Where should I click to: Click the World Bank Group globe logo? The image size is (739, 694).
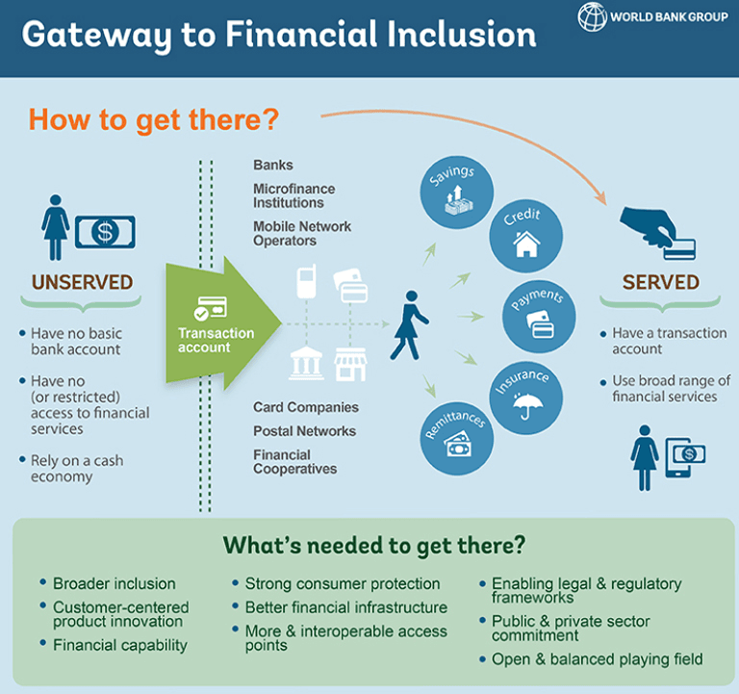pyautogui.click(x=593, y=16)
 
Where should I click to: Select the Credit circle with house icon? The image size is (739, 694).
pyautogui.click(x=525, y=236)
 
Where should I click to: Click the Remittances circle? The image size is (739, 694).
pyautogui.click(x=454, y=436)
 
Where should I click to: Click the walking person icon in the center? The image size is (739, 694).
pyautogui.click(x=408, y=323)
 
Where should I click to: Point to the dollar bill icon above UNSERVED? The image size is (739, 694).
pyautogui.click(x=105, y=231)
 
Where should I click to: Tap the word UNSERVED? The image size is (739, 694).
pyautogui.click(x=83, y=282)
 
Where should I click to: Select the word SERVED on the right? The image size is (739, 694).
pyautogui.click(x=660, y=282)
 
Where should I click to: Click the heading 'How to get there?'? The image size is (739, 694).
pyautogui.click(x=154, y=120)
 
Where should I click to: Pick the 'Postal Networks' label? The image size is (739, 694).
pyautogui.click(x=304, y=431)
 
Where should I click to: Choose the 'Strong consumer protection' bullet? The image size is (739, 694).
pyautogui.click(x=342, y=583)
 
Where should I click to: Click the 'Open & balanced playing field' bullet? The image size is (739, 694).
pyautogui.click(x=597, y=659)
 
